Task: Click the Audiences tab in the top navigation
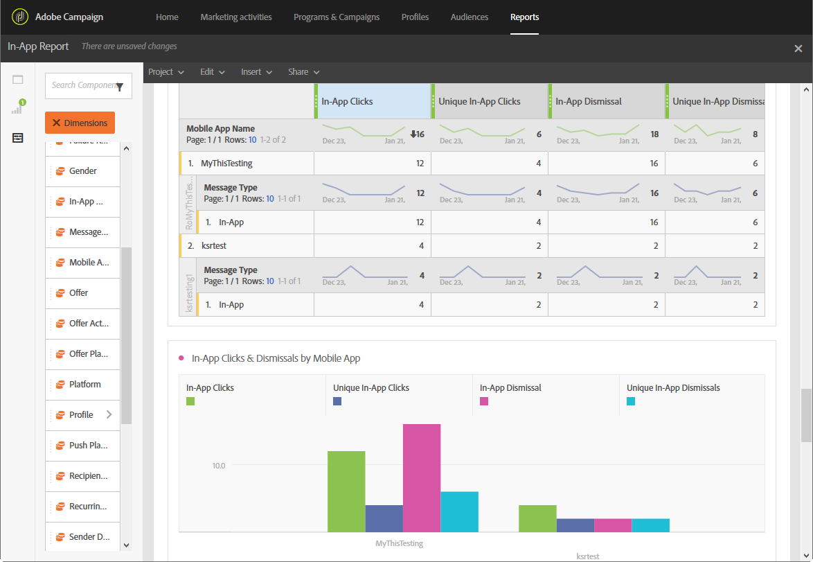point(469,17)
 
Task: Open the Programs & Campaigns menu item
point(337,17)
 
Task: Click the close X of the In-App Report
point(798,48)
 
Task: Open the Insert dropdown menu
point(256,72)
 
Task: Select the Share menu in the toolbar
point(303,72)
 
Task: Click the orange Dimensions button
point(80,123)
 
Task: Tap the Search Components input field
point(82,85)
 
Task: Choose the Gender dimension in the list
point(82,171)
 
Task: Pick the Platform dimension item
point(84,385)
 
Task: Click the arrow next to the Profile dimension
point(109,414)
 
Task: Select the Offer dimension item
point(78,293)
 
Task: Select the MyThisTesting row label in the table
point(226,164)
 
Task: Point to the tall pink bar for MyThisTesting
point(422,478)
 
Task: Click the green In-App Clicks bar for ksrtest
point(537,518)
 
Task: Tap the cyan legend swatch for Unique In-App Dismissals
point(631,401)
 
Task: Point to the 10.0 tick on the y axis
point(218,465)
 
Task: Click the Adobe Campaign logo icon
point(20,17)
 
